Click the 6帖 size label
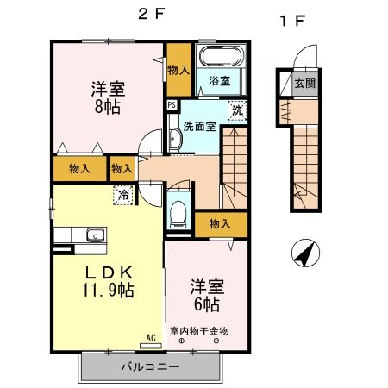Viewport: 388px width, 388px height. (x=207, y=304)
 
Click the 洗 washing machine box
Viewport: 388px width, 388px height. (x=235, y=110)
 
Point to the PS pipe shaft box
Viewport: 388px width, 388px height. (x=172, y=105)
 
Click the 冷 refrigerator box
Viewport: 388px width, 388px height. (x=123, y=195)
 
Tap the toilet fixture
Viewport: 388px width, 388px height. (x=179, y=211)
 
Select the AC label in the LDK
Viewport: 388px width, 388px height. (x=150, y=337)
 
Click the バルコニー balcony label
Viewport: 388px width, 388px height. (x=155, y=366)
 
